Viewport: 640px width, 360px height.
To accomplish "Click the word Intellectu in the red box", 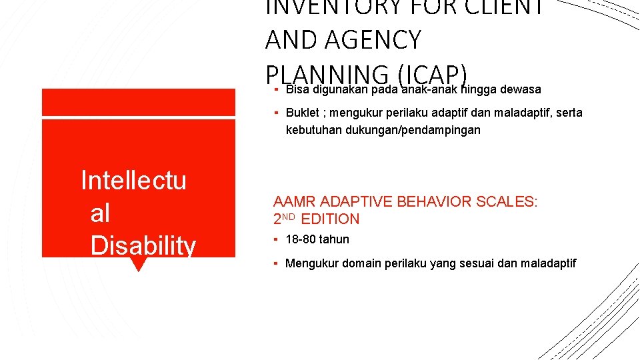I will point(133,181).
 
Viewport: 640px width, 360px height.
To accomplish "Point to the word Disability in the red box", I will point(143,245).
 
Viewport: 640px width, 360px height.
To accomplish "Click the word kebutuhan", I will point(314,130).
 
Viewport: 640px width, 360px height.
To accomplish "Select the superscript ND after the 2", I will point(290,216).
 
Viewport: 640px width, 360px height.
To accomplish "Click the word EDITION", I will point(330,219).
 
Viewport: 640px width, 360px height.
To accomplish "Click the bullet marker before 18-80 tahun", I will point(276,239).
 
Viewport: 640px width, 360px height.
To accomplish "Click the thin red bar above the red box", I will point(138,102).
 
